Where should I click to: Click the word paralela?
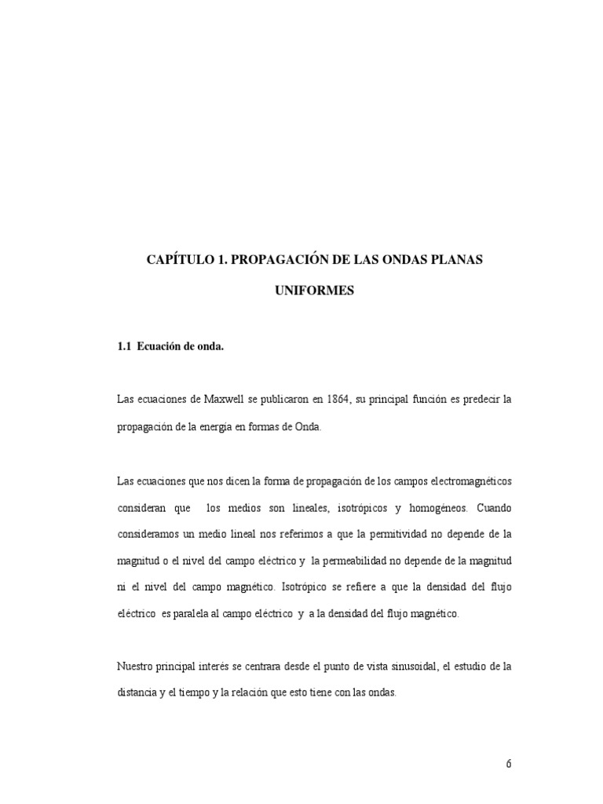(x=197, y=614)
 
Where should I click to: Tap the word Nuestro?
(x=136, y=667)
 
